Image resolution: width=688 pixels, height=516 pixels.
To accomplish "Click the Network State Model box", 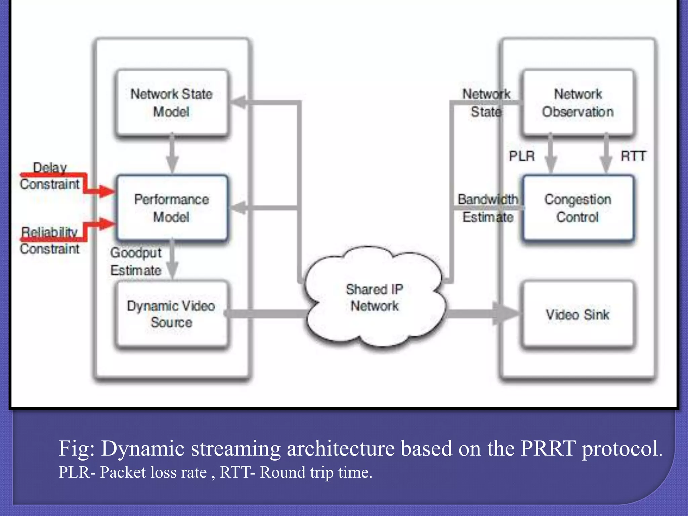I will tap(172, 102).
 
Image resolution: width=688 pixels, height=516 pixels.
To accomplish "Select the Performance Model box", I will tap(172, 208).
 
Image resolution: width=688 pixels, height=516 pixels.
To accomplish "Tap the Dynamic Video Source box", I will tap(172, 314).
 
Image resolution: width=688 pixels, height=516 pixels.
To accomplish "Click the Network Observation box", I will tap(578, 102).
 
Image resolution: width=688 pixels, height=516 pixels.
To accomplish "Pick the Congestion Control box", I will tap(578, 208).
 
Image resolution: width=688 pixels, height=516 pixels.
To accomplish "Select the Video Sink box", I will tap(578, 314).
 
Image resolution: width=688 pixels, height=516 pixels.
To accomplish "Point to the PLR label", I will tap(521, 156).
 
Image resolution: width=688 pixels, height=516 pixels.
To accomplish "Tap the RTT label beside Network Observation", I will tap(633, 156).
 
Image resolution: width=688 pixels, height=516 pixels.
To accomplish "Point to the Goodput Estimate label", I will tap(136, 261).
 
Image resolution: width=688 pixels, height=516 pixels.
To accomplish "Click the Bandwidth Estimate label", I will tap(488, 208).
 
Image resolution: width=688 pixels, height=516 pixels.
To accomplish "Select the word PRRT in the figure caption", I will tap(548, 448).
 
